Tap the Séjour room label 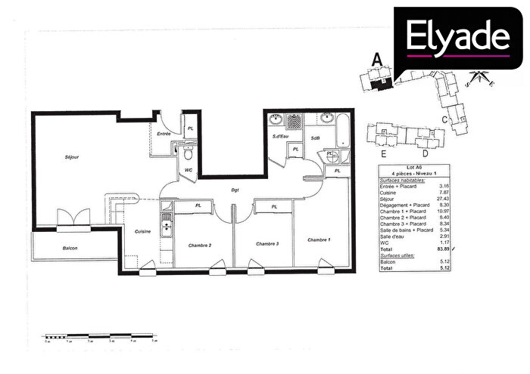(x=73, y=156)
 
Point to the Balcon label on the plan (x=70, y=248)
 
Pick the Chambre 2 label (x=200, y=244)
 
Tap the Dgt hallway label (x=235, y=190)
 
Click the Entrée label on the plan (x=164, y=134)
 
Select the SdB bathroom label (x=316, y=138)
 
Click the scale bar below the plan (x=100, y=335)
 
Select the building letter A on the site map (x=372, y=57)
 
